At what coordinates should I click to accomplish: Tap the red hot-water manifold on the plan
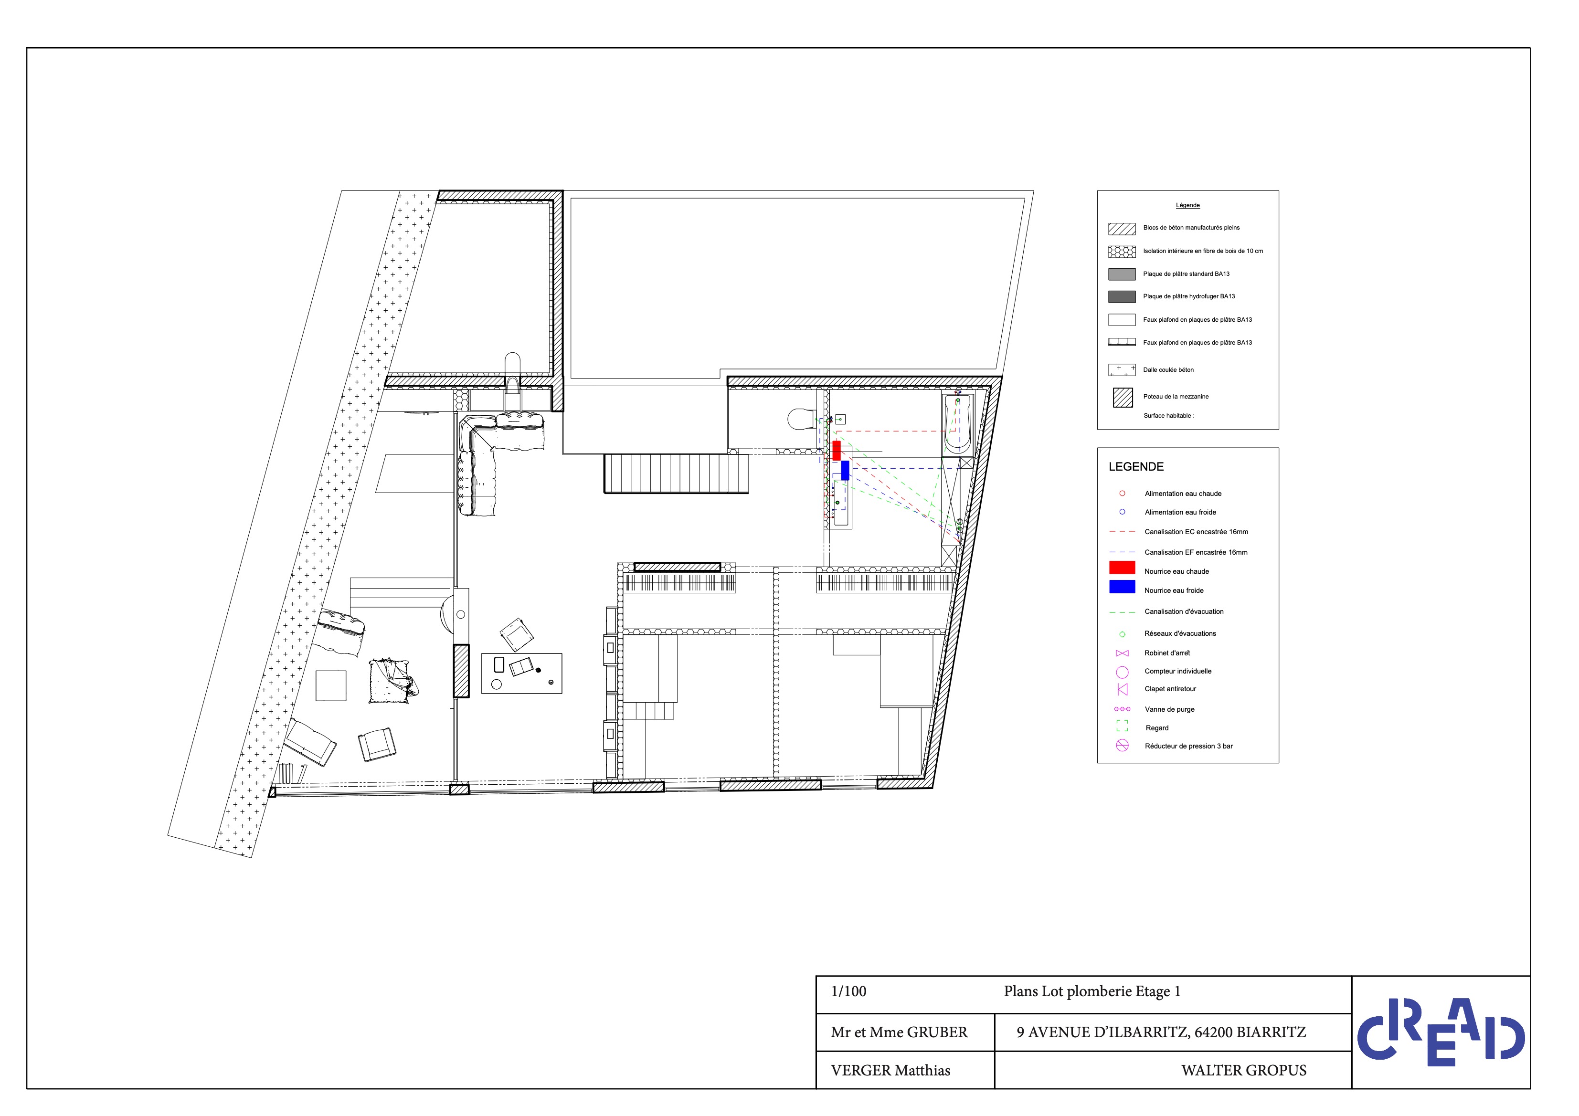coord(836,451)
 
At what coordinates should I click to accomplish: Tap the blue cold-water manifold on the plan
coord(845,470)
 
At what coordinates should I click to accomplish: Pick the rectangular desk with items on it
coord(521,673)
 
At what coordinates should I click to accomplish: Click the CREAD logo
coord(1441,1032)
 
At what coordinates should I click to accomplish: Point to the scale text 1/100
coord(848,991)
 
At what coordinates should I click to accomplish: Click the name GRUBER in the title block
coord(937,1032)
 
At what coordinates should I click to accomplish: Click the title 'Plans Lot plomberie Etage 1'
coord(1092,991)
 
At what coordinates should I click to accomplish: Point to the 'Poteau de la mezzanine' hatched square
coord(1123,398)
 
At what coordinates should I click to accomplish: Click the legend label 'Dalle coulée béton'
coord(1168,370)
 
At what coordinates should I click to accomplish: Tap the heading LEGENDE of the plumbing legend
coord(1136,467)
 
